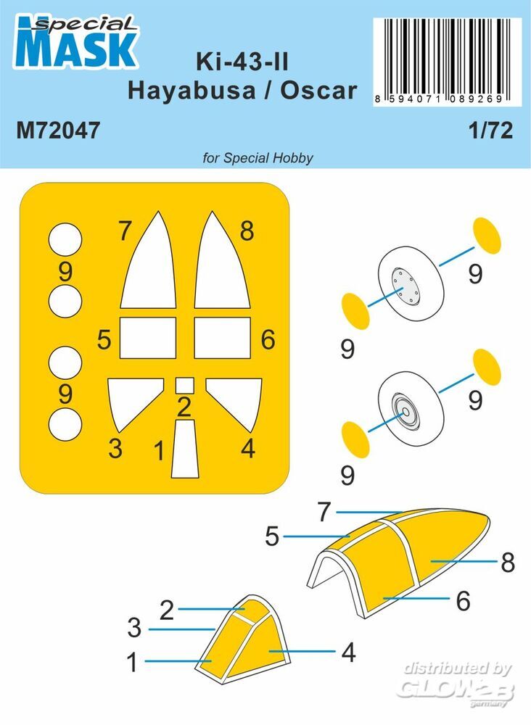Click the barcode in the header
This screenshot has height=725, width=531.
click(x=448, y=62)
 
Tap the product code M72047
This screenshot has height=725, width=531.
click(x=58, y=130)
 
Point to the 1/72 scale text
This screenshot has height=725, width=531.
click(x=491, y=130)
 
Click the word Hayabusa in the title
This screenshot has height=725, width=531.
click(x=191, y=91)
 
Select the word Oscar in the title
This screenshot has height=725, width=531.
click(x=318, y=91)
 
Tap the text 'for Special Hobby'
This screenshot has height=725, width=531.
click(x=258, y=158)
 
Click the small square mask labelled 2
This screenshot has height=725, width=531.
click(x=184, y=385)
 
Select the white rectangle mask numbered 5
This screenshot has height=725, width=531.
click(x=148, y=338)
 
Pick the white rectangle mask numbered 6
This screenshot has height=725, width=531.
click(x=223, y=338)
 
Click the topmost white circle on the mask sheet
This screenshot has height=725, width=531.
click(x=65, y=240)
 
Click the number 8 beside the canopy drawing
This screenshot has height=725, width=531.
click(x=508, y=563)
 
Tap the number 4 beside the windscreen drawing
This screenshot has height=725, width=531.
click(x=349, y=652)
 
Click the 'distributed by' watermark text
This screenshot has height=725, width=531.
click(x=458, y=668)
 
